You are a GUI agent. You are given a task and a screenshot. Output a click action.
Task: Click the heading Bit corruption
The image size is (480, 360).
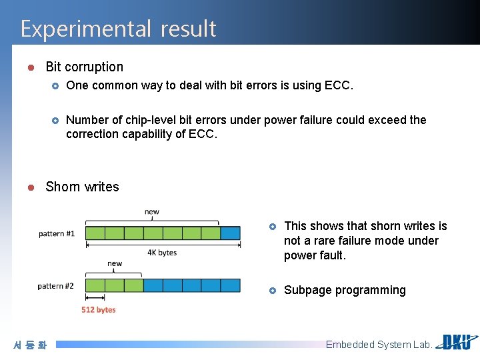(84, 67)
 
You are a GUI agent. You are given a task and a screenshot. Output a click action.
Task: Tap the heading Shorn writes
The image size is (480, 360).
(82, 187)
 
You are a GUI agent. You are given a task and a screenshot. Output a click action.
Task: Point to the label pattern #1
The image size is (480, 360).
(57, 233)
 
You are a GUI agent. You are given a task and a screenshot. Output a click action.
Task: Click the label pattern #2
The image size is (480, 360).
(55, 286)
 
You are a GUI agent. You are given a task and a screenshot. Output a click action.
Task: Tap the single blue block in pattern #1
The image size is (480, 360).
(230, 233)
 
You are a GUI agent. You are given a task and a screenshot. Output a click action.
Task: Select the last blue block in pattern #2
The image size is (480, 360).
(230, 285)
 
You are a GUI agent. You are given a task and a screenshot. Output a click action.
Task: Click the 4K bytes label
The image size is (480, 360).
(162, 253)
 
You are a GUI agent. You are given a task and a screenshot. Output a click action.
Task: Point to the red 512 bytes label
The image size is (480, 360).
(98, 310)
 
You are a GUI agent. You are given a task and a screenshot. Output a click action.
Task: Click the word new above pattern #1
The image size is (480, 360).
(152, 212)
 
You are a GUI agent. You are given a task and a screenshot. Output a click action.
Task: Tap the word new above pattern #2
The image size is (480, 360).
(115, 263)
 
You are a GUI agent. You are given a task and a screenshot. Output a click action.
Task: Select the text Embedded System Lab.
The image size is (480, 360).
(379, 345)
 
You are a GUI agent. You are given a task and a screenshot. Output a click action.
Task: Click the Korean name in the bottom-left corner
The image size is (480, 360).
(30, 345)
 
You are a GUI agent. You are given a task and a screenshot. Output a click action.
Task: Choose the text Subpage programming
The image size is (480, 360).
(345, 290)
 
